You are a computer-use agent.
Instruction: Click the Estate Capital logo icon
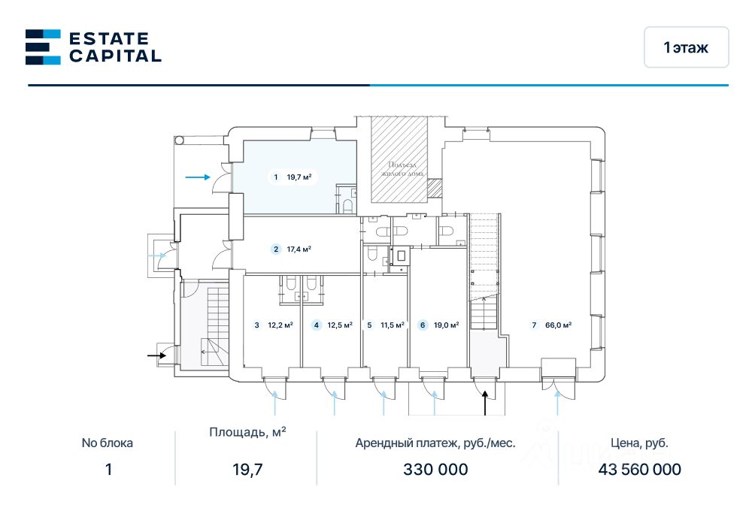[43, 47]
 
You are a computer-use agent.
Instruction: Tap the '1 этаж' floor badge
[687, 47]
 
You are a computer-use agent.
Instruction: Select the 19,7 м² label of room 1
[299, 177]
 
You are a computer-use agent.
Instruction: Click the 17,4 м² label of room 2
[299, 249]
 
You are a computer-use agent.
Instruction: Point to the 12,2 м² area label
[280, 325]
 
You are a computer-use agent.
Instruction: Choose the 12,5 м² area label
[340, 325]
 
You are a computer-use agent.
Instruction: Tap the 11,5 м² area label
[393, 325]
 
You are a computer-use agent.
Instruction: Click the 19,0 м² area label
[447, 325]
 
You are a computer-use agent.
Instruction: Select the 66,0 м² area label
[558, 325]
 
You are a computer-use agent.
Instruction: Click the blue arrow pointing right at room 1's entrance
[198, 177]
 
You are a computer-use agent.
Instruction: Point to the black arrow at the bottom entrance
[485, 403]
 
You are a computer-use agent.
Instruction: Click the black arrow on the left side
[157, 355]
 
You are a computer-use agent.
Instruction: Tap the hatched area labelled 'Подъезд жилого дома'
[399, 159]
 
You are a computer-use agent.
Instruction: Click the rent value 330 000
[435, 469]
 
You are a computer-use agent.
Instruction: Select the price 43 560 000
[639, 469]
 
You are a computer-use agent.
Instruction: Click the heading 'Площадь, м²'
[247, 432]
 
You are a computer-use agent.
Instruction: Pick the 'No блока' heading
[107, 443]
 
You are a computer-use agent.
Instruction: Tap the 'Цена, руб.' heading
[639, 443]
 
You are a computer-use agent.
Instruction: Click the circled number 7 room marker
[534, 325]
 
